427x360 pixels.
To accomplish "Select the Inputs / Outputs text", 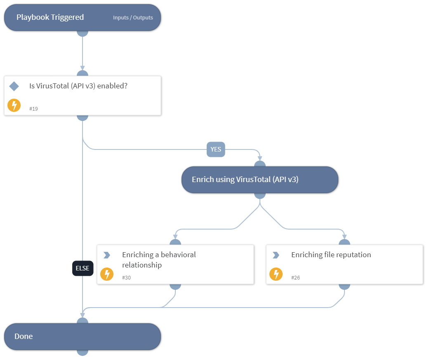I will pyautogui.click(x=133, y=18).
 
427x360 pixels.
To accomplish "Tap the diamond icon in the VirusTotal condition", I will pyautogui.click(x=14, y=86).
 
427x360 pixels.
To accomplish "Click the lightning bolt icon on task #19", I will pyautogui.click(x=14, y=105).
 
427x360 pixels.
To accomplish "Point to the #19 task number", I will pyautogui.click(x=33, y=109).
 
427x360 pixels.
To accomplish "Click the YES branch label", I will pyautogui.click(x=216, y=149).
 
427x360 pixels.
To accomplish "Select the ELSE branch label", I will pyautogui.click(x=83, y=268).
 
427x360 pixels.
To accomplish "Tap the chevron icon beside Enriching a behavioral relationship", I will pyautogui.click(x=106, y=255).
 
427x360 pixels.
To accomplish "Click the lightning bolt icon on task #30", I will pyautogui.click(x=107, y=274).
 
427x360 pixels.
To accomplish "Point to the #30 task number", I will pyautogui.click(x=126, y=277).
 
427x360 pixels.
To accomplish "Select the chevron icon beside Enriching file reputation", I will pyautogui.click(x=276, y=255).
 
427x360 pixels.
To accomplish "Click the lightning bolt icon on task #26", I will pyautogui.click(x=276, y=274).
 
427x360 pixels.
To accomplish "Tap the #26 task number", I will pyautogui.click(x=295, y=277).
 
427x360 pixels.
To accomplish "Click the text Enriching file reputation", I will pyautogui.click(x=331, y=255).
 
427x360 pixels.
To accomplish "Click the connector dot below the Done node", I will pyautogui.click(x=83, y=352).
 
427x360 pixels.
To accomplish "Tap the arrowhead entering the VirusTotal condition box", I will pyautogui.click(x=83, y=68).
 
